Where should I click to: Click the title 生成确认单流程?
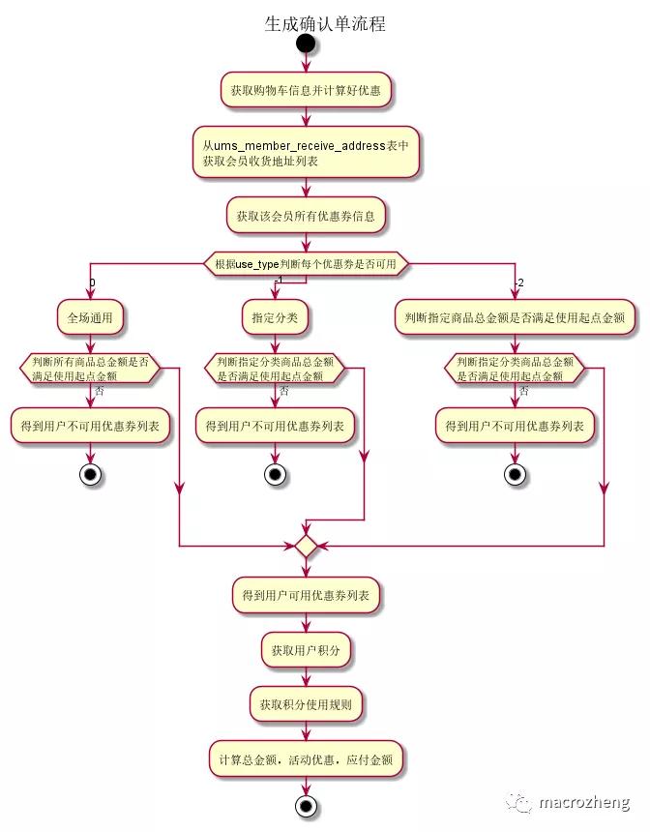click(x=325, y=24)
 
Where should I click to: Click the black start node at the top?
click(x=306, y=44)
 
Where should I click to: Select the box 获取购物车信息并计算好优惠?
click(x=306, y=90)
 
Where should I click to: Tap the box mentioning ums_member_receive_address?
click(x=306, y=152)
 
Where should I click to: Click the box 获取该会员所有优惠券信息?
click(x=306, y=215)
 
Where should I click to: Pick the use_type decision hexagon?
click(x=306, y=263)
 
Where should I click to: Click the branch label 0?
click(x=93, y=282)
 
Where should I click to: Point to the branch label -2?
click(x=518, y=282)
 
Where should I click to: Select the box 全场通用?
click(x=91, y=316)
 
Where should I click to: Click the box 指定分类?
click(x=275, y=316)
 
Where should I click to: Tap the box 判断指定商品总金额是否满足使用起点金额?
click(x=516, y=316)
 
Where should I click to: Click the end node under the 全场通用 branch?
click(x=91, y=474)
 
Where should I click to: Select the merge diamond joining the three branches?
click(x=306, y=547)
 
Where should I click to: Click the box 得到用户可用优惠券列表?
click(x=306, y=596)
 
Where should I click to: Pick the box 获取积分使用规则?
click(x=306, y=704)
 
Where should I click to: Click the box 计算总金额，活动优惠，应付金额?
click(x=306, y=759)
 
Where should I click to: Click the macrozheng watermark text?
click(x=583, y=802)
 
